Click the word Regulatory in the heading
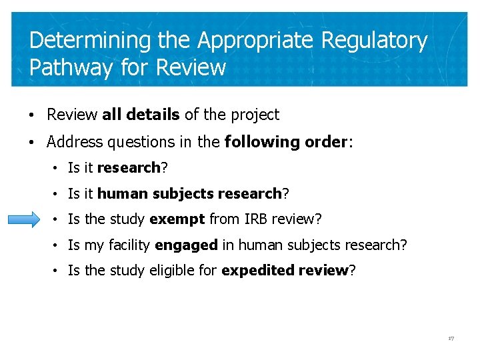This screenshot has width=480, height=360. (x=374, y=41)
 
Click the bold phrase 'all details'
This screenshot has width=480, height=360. (x=141, y=115)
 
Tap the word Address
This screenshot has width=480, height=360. (x=73, y=141)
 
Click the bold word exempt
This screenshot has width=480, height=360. (x=177, y=219)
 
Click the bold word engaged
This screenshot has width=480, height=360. (x=186, y=245)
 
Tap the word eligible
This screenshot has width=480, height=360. (x=193, y=271)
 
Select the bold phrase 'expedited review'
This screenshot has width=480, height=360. (x=285, y=271)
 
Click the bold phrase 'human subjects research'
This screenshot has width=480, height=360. (x=189, y=193)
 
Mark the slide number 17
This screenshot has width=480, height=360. (x=451, y=339)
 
